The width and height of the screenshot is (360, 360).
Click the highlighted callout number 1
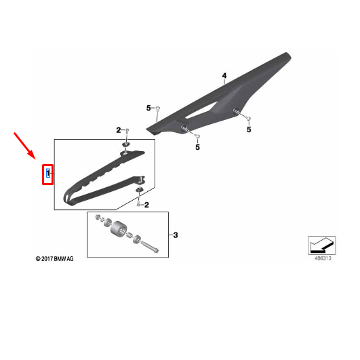pyautogui.click(x=47, y=174)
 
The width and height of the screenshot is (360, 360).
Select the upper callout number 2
pyautogui.click(x=118, y=130)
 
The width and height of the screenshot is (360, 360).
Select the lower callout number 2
pyautogui.click(x=146, y=203)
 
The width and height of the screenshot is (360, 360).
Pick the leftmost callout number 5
pyautogui.click(x=148, y=108)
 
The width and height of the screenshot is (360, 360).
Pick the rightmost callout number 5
pyautogui.click(x=249, y=129)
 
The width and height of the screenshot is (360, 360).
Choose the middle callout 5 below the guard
pyautogui.click(x=198, y=146)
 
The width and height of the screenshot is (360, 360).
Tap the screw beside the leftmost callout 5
pyautogui.click(x=158, y=108)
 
